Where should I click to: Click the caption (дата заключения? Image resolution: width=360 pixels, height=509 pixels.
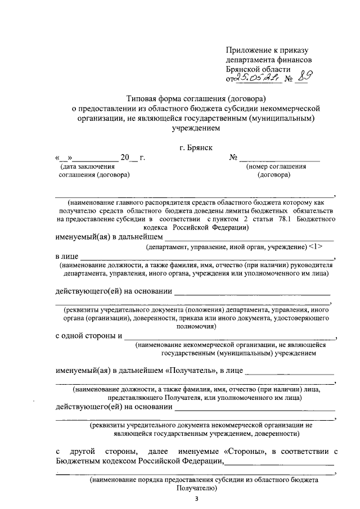pos(87,166)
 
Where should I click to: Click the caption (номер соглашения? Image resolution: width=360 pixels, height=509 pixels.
pos(275,166)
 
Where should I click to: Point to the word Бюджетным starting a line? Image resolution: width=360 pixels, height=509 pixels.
pos(79,461)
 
